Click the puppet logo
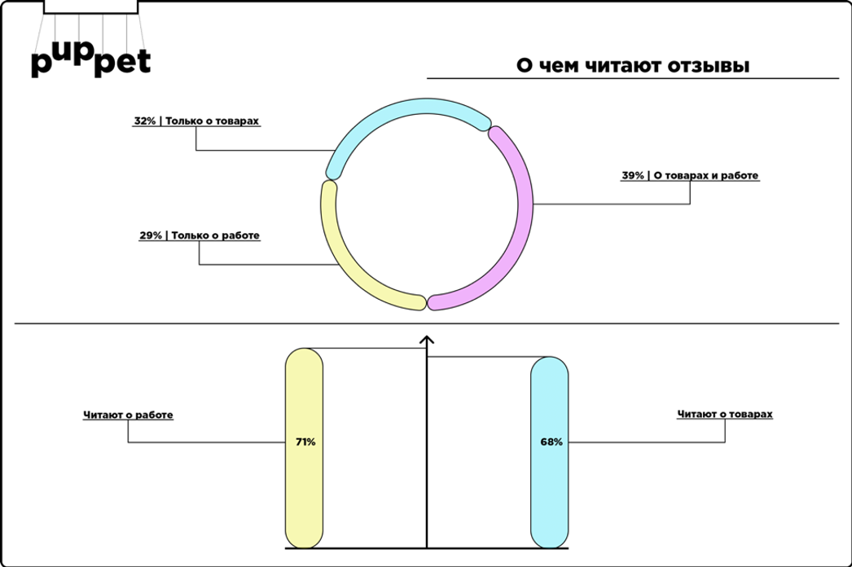click(x=90, y=61)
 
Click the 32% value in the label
click(x=144, y=121)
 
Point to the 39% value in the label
click(x=632, y=176)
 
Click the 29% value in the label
click(x=151, y=235)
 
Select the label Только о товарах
click(x=212, y=121)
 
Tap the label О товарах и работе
click(x=706, y=176)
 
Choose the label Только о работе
click(x=216, y=235)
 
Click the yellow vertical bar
click(x=305, y=448)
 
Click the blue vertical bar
click(x=549, y=452)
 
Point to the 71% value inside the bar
click(x=305, y=442)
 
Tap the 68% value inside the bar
click(x=551, y=442)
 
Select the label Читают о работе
click(x=128, y=415)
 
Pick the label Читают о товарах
click(x=725, y=414)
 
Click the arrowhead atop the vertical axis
click(x=427, y=341)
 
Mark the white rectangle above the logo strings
click(x=90, y=7)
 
